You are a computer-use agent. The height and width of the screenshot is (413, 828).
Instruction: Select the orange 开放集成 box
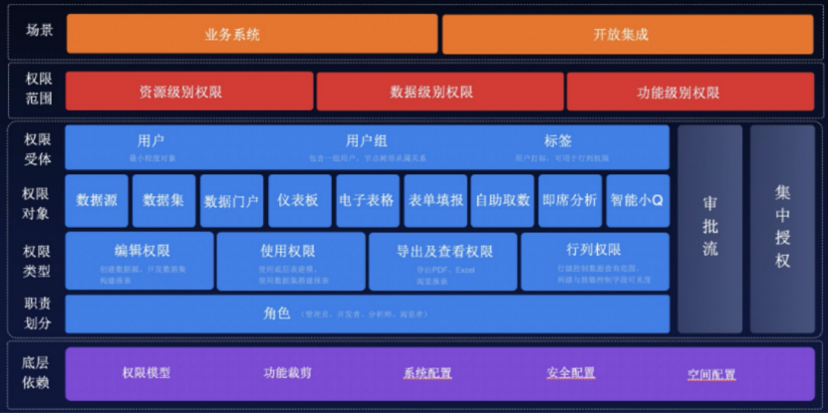(x=620, y=34)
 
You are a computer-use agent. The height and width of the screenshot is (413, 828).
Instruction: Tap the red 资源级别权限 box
(x=188, y=92)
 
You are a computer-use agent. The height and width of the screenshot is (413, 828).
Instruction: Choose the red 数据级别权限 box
(x=439, y=92)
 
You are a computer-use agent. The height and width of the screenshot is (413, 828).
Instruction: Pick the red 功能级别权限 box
(x=678, y=92)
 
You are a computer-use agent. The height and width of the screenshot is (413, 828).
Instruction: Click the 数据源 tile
(x=96, y=200)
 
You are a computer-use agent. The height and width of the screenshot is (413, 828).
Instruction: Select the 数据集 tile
(x=163, y=200)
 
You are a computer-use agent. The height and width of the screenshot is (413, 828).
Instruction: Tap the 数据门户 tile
(x=231, y=200)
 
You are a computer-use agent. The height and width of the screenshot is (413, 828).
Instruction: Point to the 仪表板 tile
(x=299, y=200)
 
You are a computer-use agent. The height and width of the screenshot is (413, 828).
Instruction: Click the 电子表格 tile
(x=367, y=200)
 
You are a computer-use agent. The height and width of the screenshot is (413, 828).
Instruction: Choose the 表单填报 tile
(x=434, y=200)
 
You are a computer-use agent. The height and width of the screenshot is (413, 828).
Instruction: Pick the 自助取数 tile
(x=502, y=200)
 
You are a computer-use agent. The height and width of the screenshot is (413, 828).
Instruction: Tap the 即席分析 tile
(x=570, y=200)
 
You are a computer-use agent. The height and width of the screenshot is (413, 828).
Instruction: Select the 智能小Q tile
(x=638, y=200)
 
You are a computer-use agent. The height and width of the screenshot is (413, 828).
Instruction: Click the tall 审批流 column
(x=709, y=229)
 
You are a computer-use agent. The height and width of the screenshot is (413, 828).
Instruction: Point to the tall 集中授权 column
(x=782, y=229)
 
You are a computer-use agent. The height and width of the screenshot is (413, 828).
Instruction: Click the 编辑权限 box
(x=139, y=260)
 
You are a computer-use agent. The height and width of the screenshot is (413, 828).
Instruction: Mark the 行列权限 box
(x=595, y=260)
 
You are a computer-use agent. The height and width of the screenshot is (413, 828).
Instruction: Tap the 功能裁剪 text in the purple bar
(x=288, y=373)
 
